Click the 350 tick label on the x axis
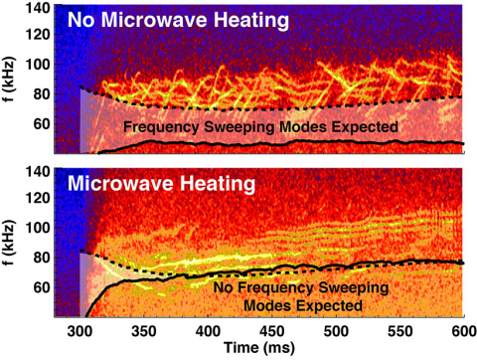coord(144,329)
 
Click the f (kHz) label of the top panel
coord(12,80)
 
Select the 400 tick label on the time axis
coord(208,329)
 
